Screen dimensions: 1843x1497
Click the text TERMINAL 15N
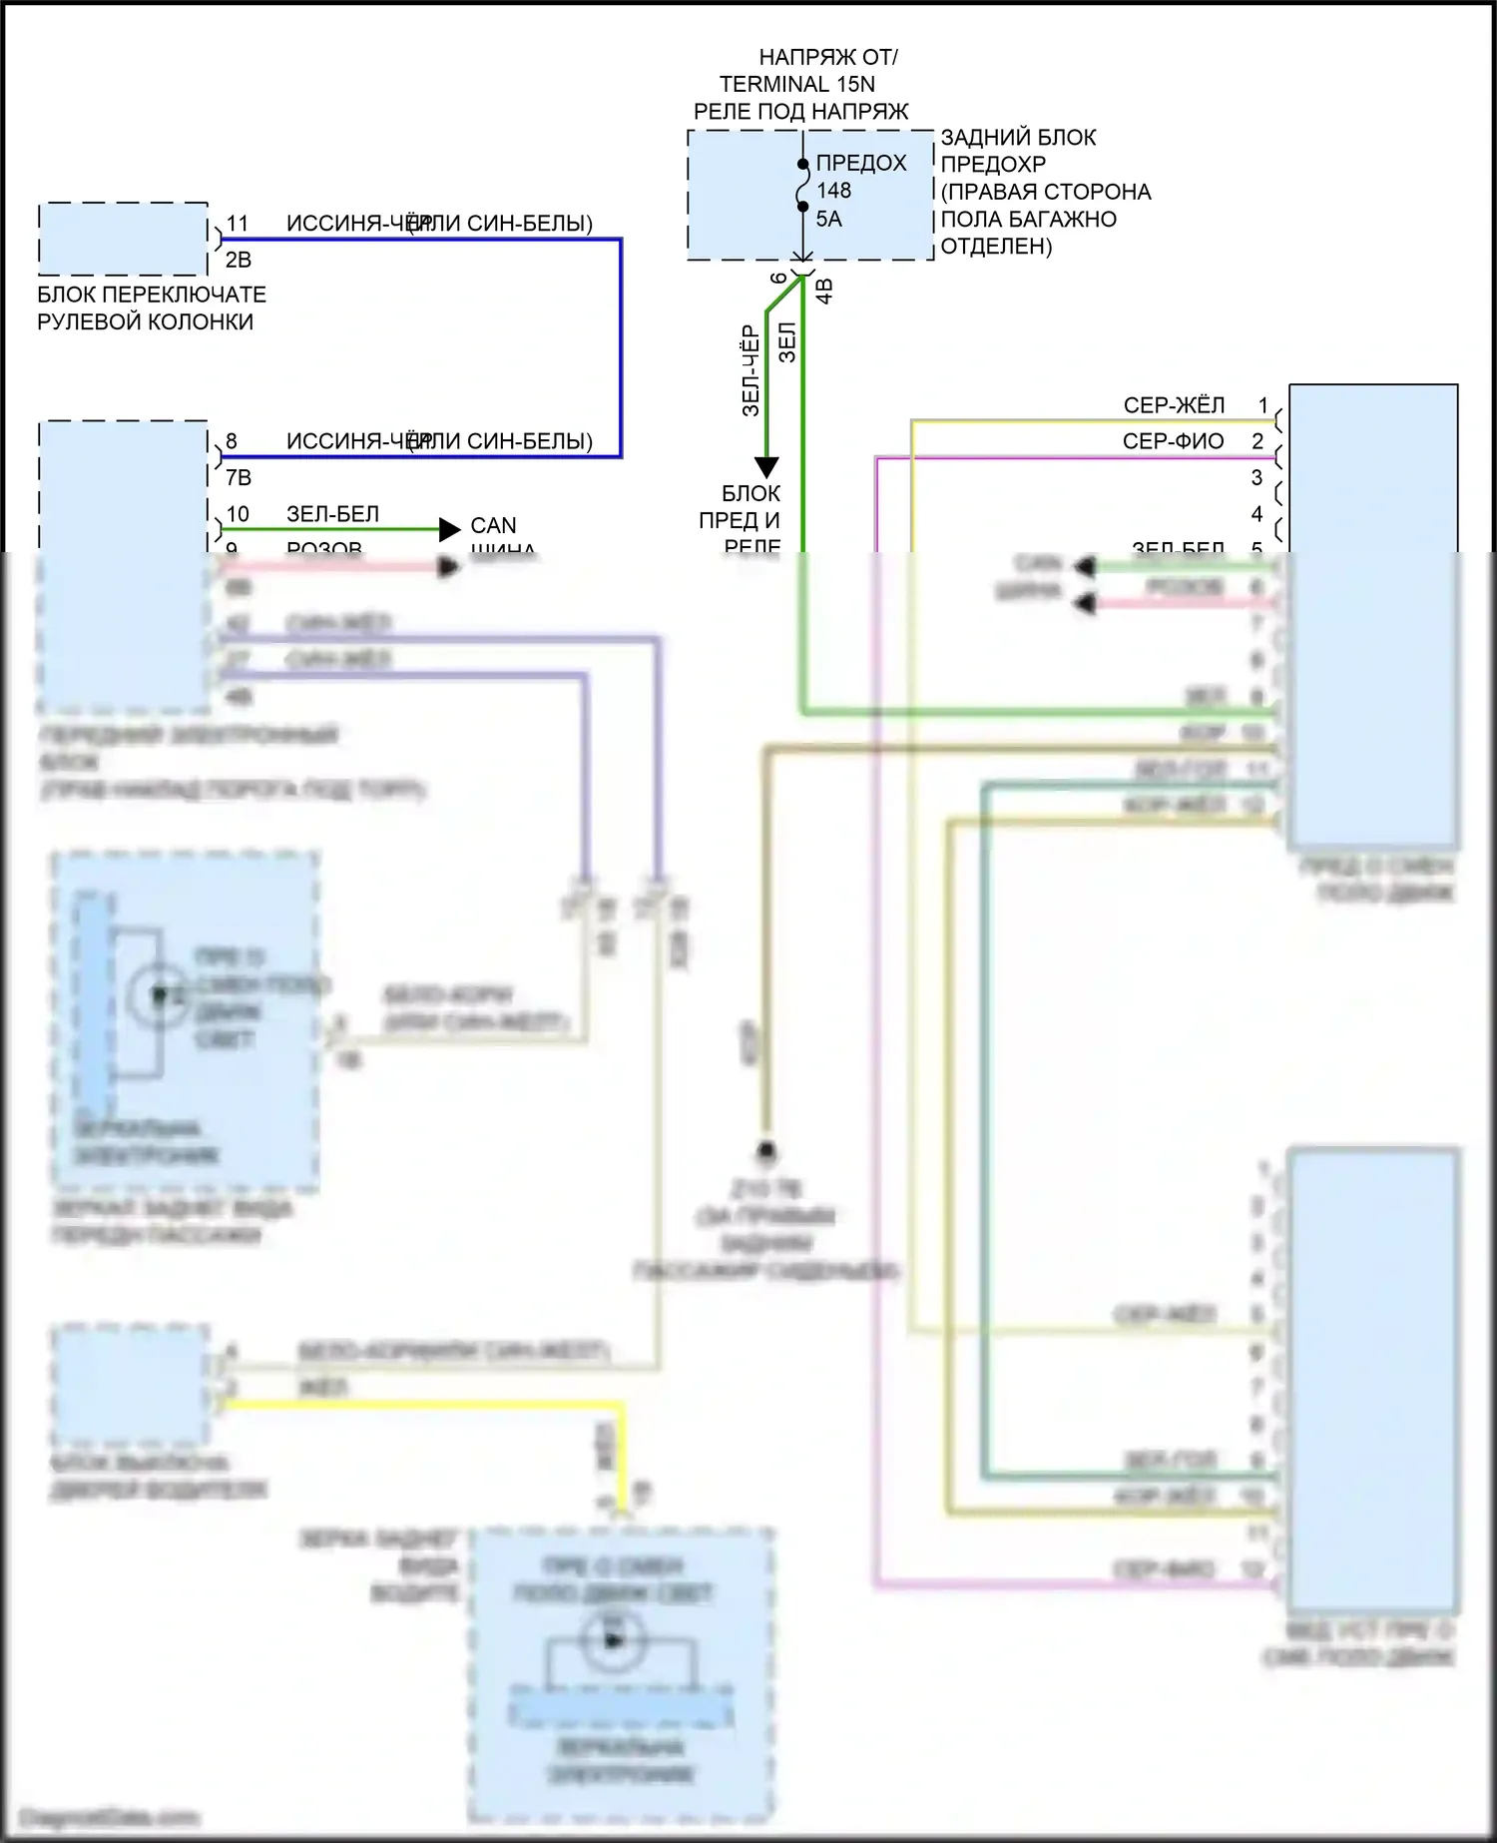click(x=796, y=84)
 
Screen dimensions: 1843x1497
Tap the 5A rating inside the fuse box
click(x=828, y=219)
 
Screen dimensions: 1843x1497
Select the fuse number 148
click(x=833, y=190)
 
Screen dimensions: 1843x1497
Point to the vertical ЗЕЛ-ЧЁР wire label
click(x=751, y=370)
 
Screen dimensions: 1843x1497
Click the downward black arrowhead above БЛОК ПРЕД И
click(x=765, y=466)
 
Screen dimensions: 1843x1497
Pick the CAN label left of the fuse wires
click(x=493, y=525)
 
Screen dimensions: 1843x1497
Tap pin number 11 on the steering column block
click(x=238, y=224)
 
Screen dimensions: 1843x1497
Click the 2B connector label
click(x=238, y=260)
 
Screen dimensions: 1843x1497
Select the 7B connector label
click(x=238, y=477)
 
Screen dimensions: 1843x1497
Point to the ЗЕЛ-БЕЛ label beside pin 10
click(x=332, y=514)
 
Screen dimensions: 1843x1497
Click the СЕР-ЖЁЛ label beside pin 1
click(x=1174, y=405)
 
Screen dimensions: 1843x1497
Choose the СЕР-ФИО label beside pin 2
click(x=1173, y=441)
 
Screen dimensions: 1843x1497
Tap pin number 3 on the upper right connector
click(x=1256, y=477)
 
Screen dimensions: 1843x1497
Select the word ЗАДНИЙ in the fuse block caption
click(x=977, y=137)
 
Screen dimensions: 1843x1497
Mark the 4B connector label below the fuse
click(x=824, y=291)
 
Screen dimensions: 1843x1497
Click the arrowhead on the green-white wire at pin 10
click(x=449, y=529)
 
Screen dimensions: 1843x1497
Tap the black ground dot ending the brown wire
click(x=765, y=1151)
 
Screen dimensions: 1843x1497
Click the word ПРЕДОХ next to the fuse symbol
click(x=860, y=163)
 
